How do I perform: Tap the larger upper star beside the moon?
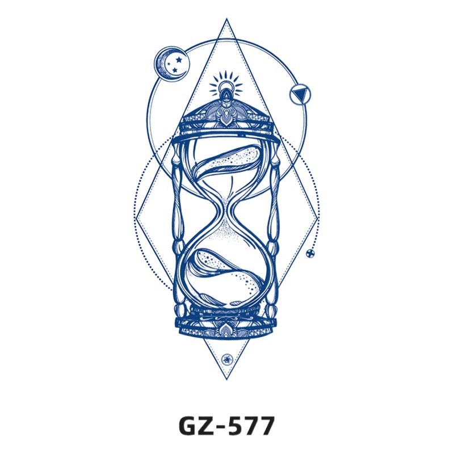pos(179,60)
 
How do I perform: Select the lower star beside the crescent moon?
pos(175,70)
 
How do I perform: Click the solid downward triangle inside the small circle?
pos(300,94)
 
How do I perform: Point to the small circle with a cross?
pos(310,253)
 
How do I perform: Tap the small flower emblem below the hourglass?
pos(226,359)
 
